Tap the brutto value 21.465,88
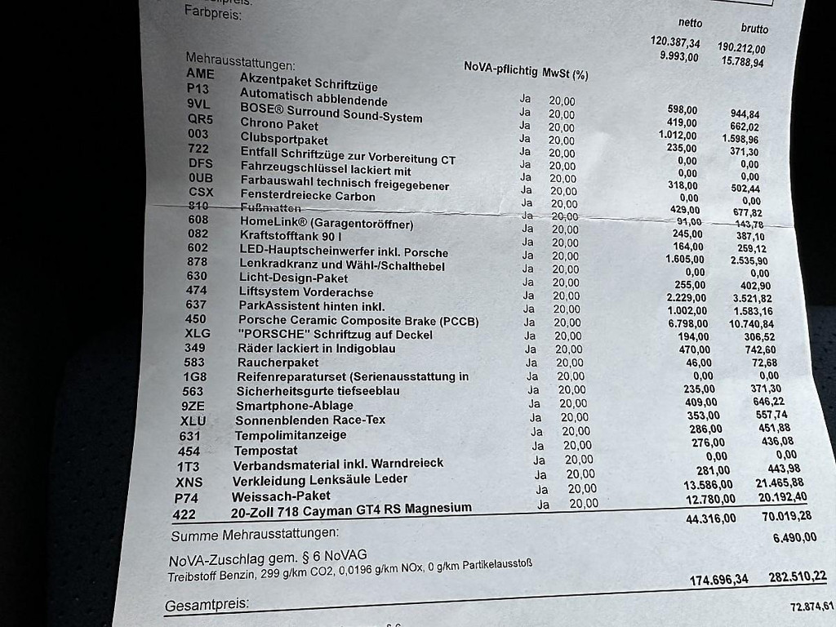coord(780,483)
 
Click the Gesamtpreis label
coord(207,607)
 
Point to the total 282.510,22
coord(797,577)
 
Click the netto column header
coord(690,23)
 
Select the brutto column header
coord(754,29)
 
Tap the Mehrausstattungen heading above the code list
coord(240,61)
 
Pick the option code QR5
coord(200,119)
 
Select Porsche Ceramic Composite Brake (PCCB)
coord(358,322)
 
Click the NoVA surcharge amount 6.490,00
coord(794,537)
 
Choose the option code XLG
coord(197,334)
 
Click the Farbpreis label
coord(212,13)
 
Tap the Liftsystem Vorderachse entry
coord(306,292)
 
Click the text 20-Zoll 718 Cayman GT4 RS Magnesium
coord(352,509)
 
